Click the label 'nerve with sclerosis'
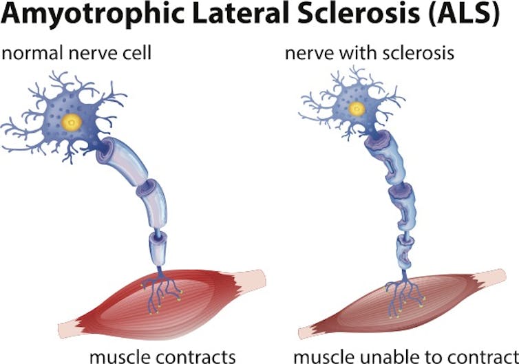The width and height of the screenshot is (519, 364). point(370,53)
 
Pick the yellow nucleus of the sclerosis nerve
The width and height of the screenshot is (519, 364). point(357,109)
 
